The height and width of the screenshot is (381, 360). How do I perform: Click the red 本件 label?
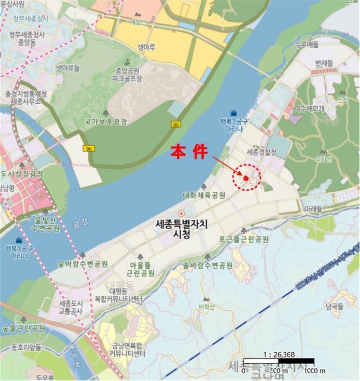click(x=189, y=151)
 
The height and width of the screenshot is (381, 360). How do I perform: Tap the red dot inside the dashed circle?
click(x=246, y=177)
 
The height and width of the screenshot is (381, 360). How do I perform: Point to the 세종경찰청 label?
click(x=261, y=152)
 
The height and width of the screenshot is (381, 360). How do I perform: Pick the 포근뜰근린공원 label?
click(x=244, y=239)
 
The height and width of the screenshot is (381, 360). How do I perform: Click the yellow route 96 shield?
click(x=88, y=149)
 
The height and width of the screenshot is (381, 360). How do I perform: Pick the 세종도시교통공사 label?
click(x=70, y=307)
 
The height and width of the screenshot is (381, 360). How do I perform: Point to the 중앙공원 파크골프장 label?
click(x=127, y=75)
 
